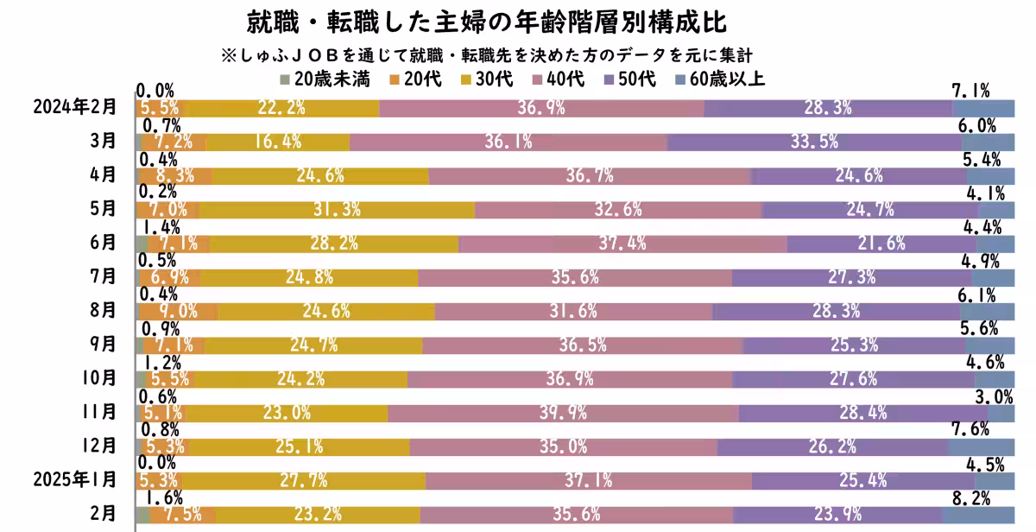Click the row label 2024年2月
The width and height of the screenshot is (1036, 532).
(x=73, y=107)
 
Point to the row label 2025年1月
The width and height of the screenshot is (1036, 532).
(x=73, y=479)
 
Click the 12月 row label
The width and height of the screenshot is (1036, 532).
(x=102, y=446)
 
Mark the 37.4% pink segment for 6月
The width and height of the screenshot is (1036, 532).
(x=622, y=244)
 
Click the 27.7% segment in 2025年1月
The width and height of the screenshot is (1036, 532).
(x=302, y=479)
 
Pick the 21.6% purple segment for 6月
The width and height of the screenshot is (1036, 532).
(x=881, y=244)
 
